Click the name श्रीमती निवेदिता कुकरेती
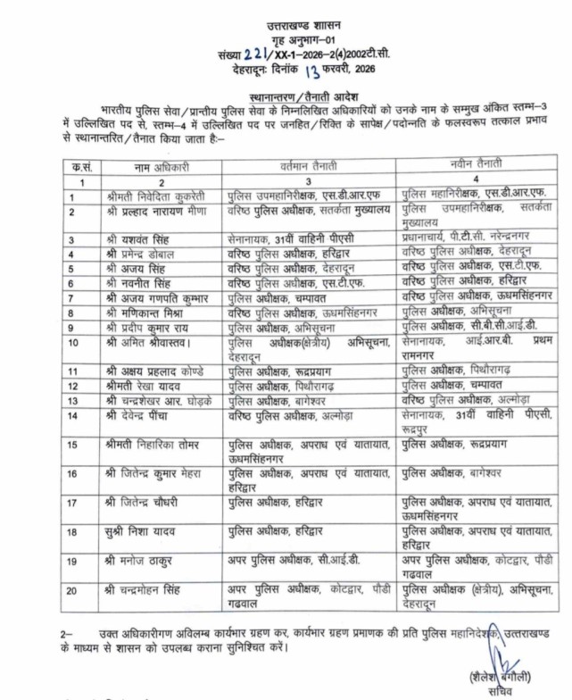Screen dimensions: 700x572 (x=161, y=196)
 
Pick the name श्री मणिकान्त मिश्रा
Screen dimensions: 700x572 (x=152, y=312)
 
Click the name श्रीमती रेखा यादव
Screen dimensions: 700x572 (x=148, y=383)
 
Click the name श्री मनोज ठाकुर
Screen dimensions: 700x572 (x=145, y=561)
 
